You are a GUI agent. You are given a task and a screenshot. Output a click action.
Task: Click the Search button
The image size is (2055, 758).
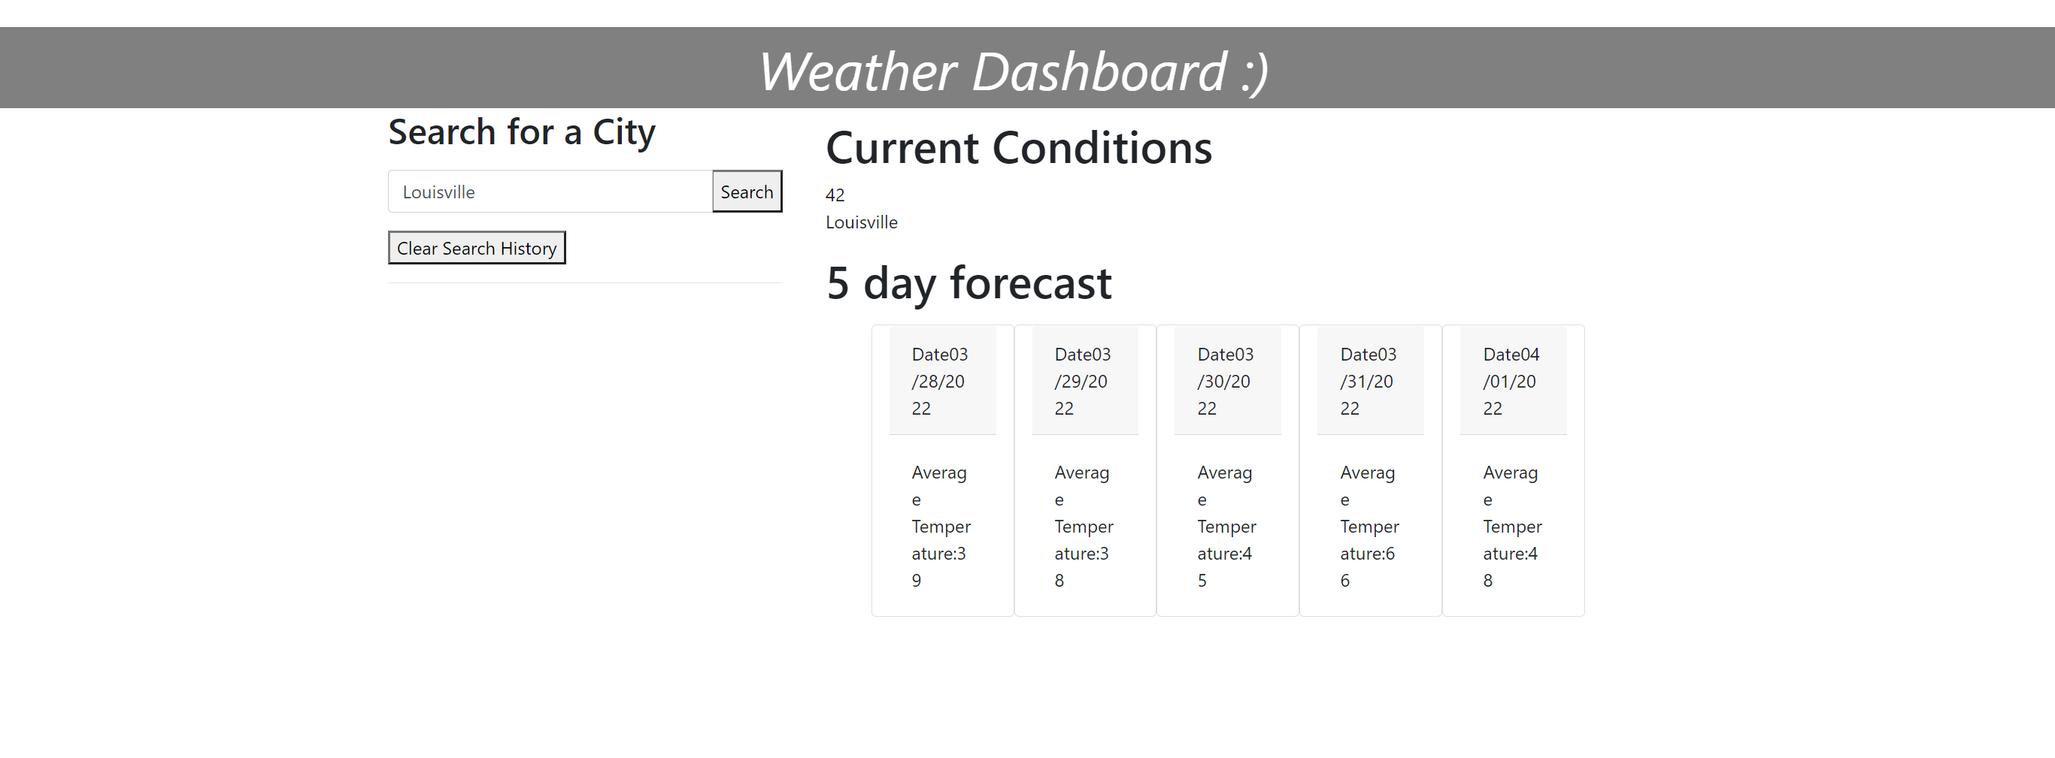[x=747, y=192]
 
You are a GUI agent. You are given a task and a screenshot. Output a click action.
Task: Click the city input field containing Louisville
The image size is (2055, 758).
[x=550, y=192]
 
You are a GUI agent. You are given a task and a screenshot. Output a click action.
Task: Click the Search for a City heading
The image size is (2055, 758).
[x=522, y=131]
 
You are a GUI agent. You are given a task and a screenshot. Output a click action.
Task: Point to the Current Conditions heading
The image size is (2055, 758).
[x=1019, y=147]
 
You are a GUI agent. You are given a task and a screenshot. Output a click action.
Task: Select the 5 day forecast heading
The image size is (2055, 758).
[x=968, y=283]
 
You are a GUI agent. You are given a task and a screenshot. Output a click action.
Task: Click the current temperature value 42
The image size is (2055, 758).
[x=835, y=195]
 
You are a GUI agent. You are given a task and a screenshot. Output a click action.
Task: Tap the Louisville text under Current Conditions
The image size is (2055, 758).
[x=862, y=222]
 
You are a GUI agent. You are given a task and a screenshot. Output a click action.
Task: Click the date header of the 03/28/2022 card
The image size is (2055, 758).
[x=942, y=380]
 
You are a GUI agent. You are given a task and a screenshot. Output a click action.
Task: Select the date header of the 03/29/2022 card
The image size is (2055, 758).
[x=1085, y=380]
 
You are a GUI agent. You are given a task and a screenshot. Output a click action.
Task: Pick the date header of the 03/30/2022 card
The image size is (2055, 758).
[x=1228, y=380]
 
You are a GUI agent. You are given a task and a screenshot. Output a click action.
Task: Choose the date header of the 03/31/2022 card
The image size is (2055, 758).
[x=1371, y=380]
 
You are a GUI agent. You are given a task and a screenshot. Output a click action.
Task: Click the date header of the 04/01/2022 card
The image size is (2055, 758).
[x=1514, y=380]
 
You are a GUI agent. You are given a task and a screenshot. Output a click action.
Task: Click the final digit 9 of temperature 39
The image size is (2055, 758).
[x=917, y=580]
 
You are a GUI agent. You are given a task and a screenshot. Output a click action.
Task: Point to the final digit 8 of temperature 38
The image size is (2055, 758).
[x=1059, y=580]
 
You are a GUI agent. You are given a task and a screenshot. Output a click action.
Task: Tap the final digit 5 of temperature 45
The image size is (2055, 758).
[x=1202, y=580]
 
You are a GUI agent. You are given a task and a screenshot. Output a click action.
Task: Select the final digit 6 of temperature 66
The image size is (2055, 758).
[x=1345, y=580]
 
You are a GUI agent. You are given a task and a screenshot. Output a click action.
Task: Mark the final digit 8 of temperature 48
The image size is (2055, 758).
[x=1488, y=580]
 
